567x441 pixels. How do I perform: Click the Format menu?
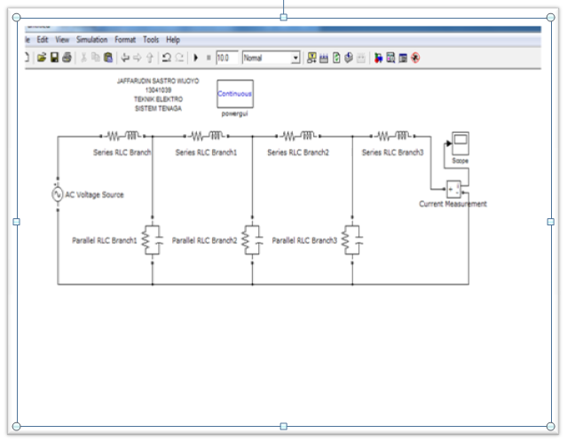tap(125, 40)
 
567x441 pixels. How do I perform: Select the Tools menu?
tap(152, 40)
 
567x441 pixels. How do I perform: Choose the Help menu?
tap(173, 40)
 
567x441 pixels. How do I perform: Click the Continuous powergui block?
tap(234, 93)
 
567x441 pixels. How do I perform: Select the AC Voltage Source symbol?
tap(58, 194)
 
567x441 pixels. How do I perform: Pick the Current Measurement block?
tap(453, 188)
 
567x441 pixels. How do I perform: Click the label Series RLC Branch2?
tap(298, 153)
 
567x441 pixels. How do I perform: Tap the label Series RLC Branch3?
tap(392, 153)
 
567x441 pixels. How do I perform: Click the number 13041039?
tap(158, 90)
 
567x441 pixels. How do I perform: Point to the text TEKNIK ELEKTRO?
tap(158, 98)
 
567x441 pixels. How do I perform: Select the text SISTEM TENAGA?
tap(158, 107)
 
